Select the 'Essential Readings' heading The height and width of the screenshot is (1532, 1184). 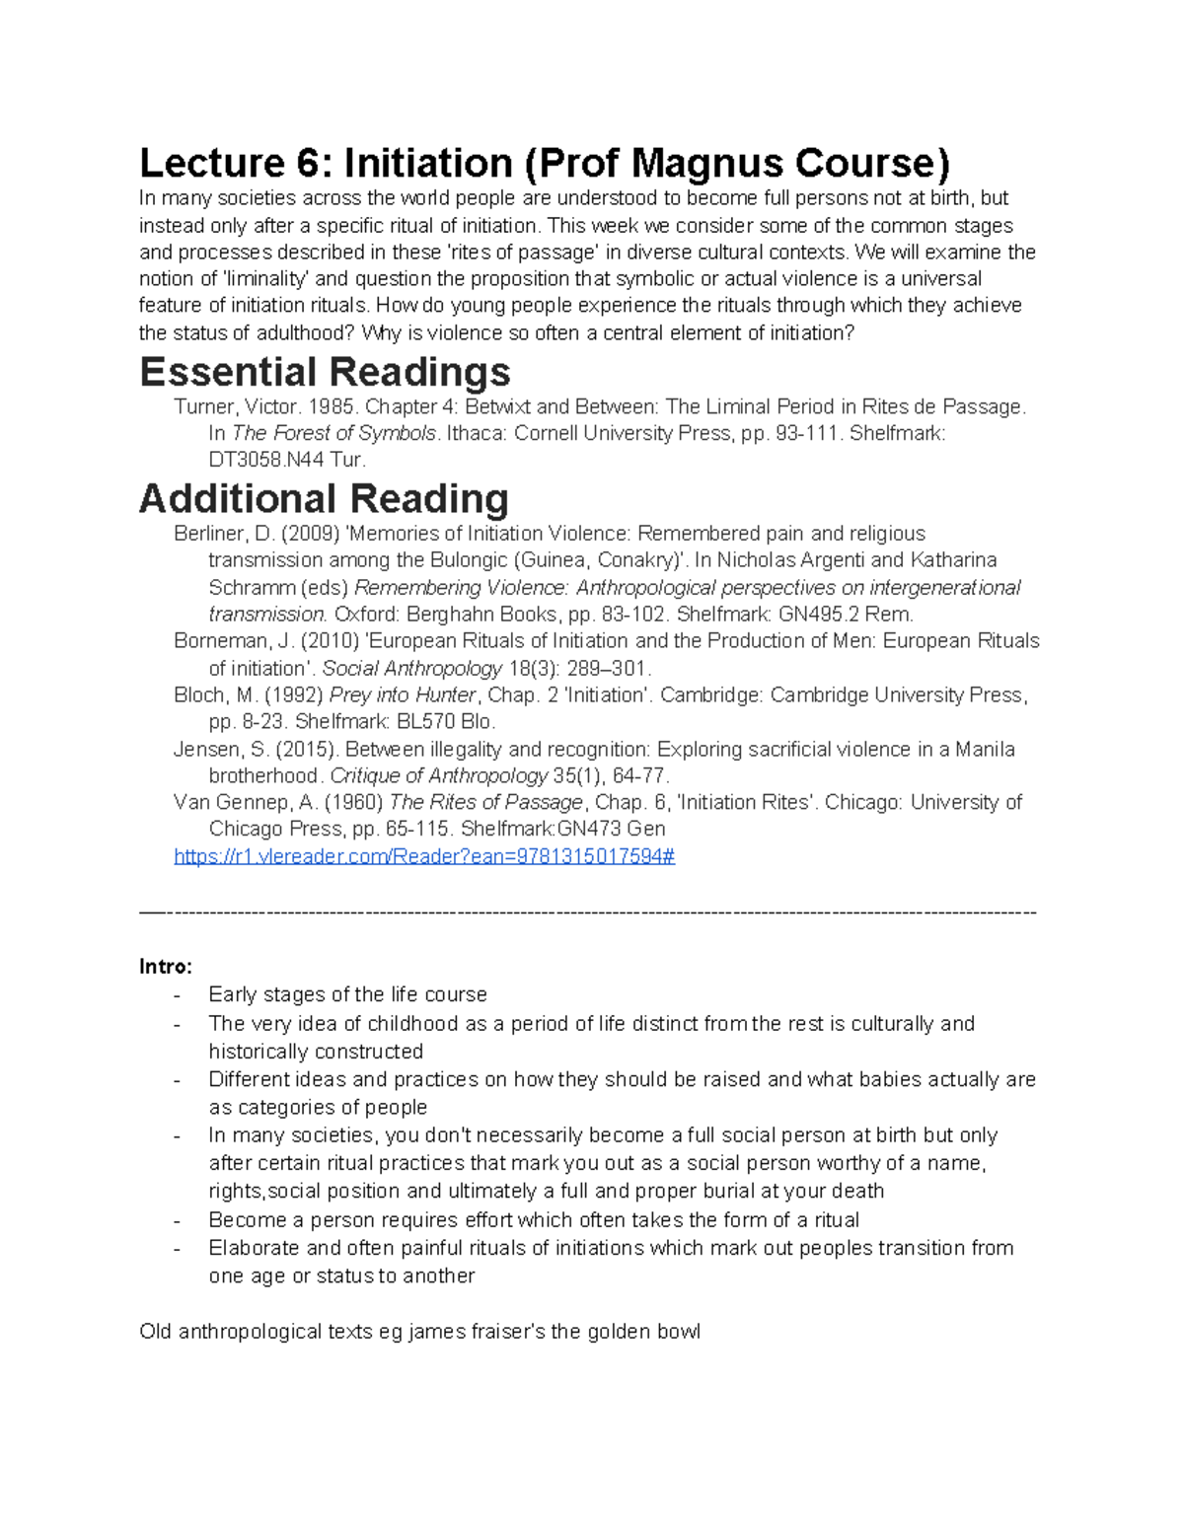325,372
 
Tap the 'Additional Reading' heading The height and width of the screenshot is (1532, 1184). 324,498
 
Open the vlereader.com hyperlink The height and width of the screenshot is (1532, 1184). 424,856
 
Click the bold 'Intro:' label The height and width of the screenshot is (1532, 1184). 166,966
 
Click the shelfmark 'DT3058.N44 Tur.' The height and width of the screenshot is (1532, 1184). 287,460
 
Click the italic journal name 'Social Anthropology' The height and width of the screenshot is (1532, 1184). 412,668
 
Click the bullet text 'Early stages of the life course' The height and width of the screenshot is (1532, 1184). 347,994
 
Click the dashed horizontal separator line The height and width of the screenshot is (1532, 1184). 588,912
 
